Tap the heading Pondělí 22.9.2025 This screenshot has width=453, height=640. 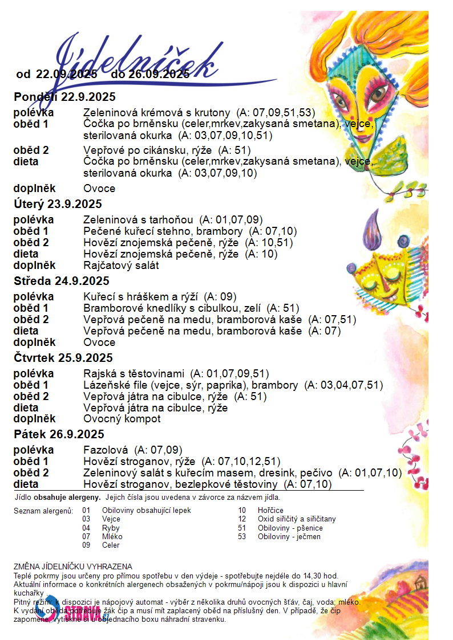point(64,96)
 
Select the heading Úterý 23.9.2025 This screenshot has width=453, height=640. point(58,204)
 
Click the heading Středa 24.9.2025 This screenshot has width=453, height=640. point(62,281)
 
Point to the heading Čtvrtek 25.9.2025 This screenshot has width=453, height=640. point(63,358)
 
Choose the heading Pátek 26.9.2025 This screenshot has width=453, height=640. point(57,434)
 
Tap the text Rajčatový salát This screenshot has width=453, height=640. point(121,265)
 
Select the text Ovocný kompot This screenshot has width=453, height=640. point(122,419)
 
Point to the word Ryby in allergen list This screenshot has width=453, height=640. point(111,528)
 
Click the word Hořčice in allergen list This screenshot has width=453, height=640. point(270,511)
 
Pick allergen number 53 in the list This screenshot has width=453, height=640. point(242,537)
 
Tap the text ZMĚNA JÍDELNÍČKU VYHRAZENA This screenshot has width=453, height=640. point(73,566)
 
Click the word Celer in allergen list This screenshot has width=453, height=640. point(111,545)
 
